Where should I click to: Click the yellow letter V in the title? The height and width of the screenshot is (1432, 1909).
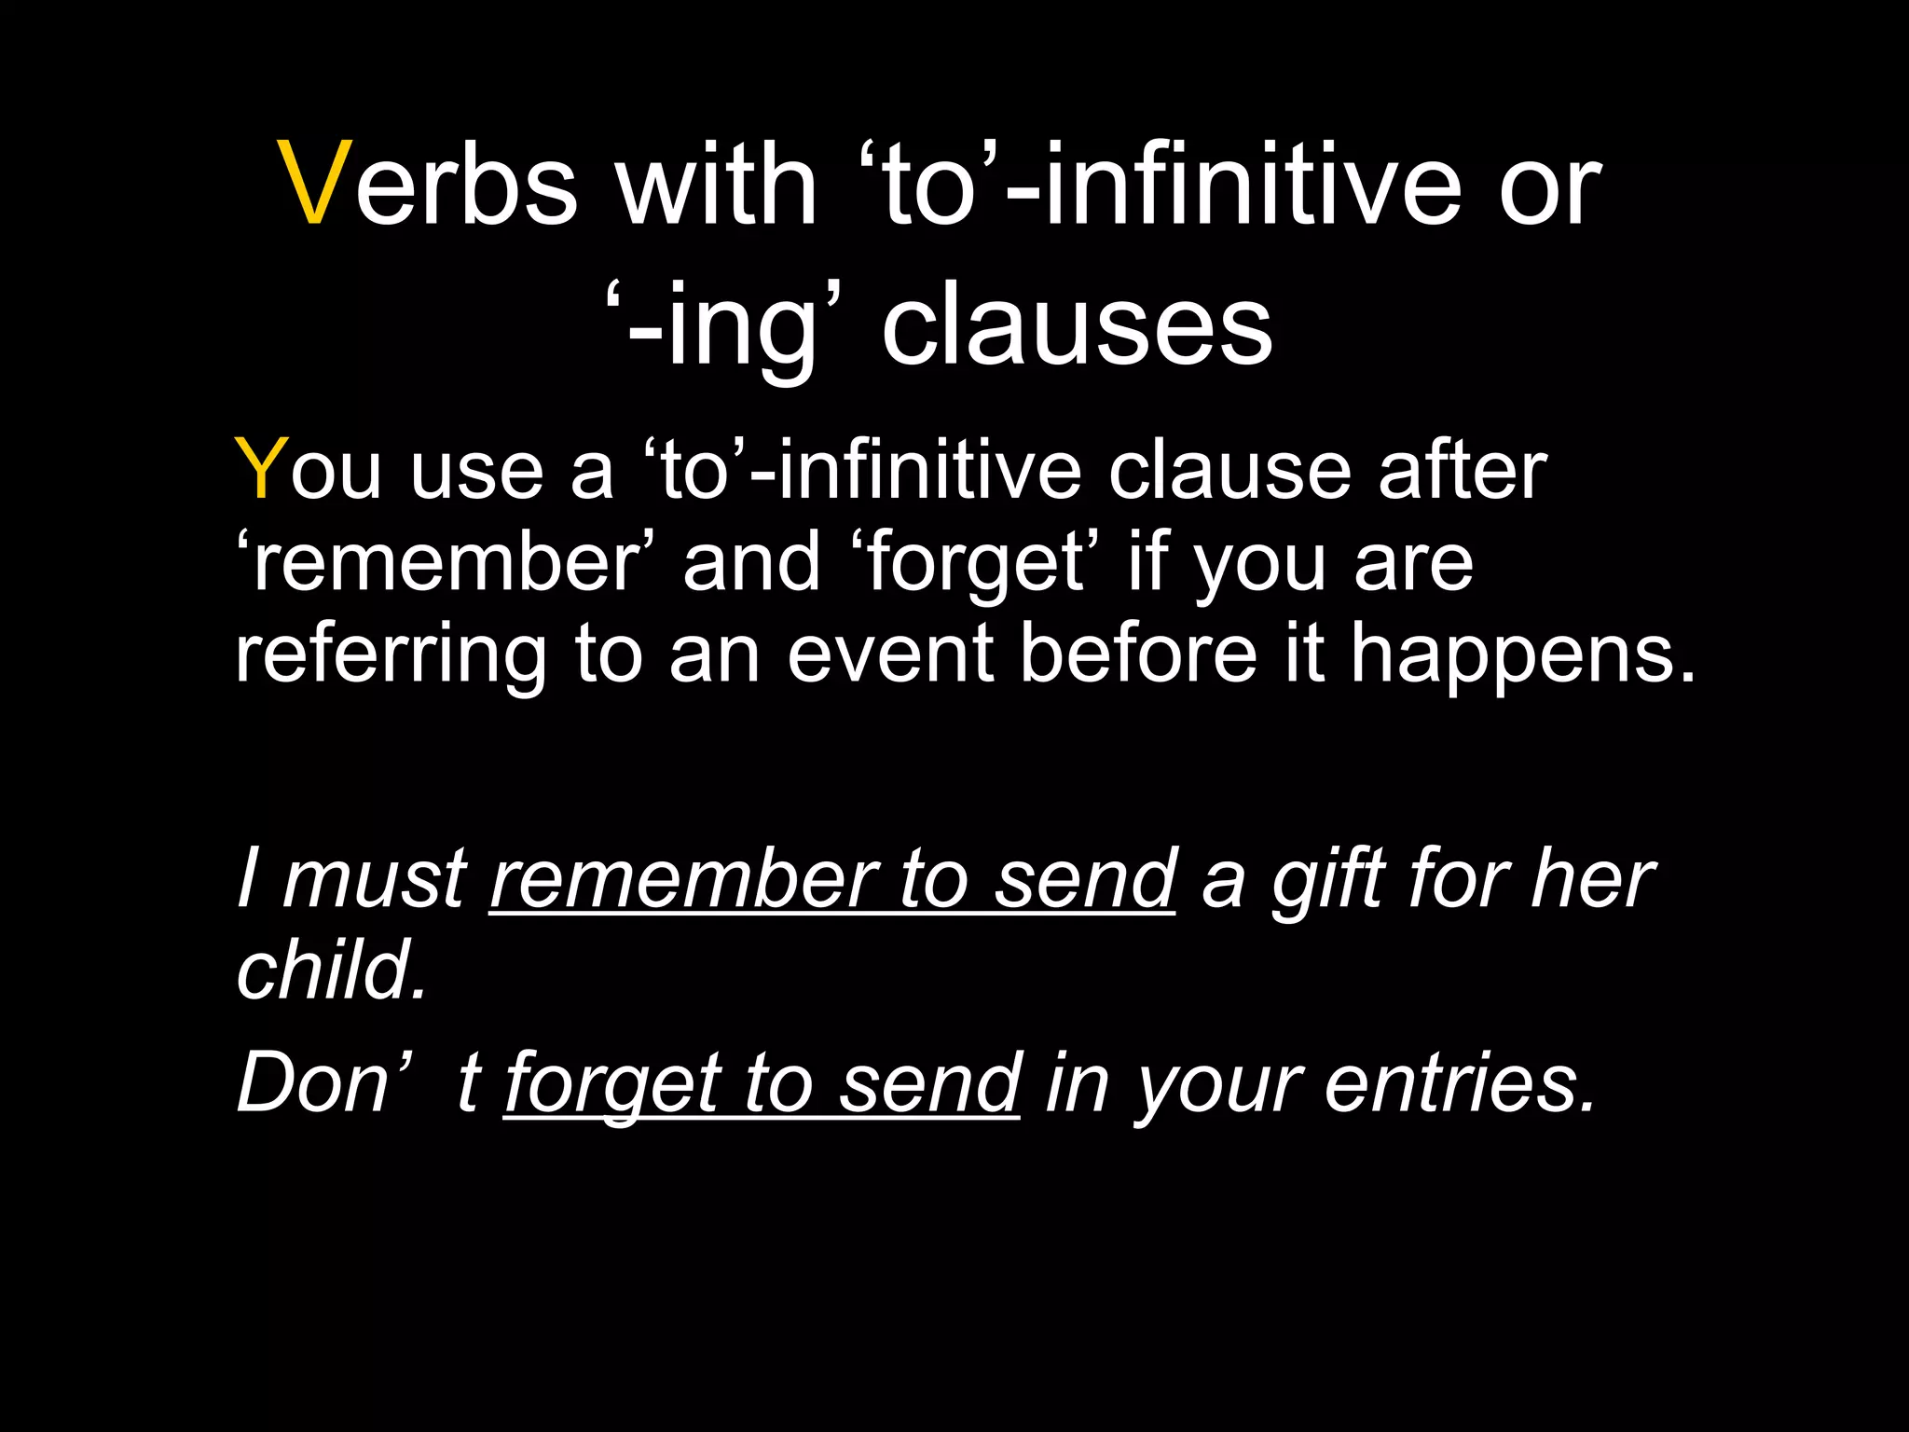click(316, 183)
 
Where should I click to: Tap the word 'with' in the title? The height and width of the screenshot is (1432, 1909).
click(716, 183)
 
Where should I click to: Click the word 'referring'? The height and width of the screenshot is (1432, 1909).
click(391, 655)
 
